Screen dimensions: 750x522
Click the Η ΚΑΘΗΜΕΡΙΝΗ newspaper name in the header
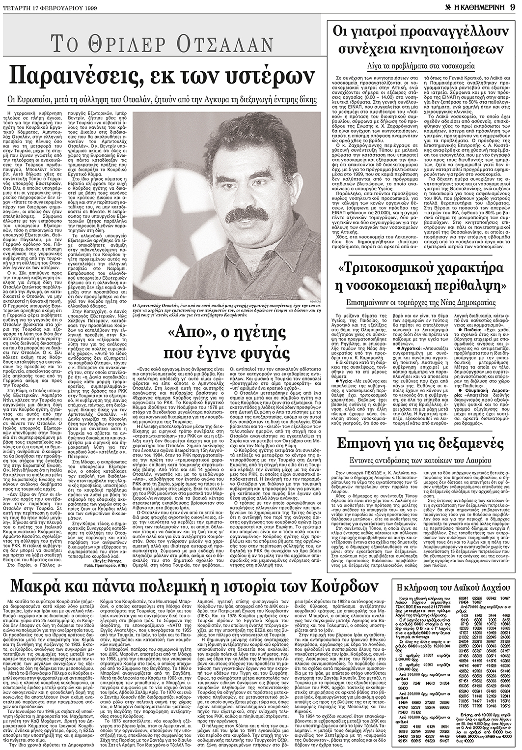[x=479, y=6]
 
